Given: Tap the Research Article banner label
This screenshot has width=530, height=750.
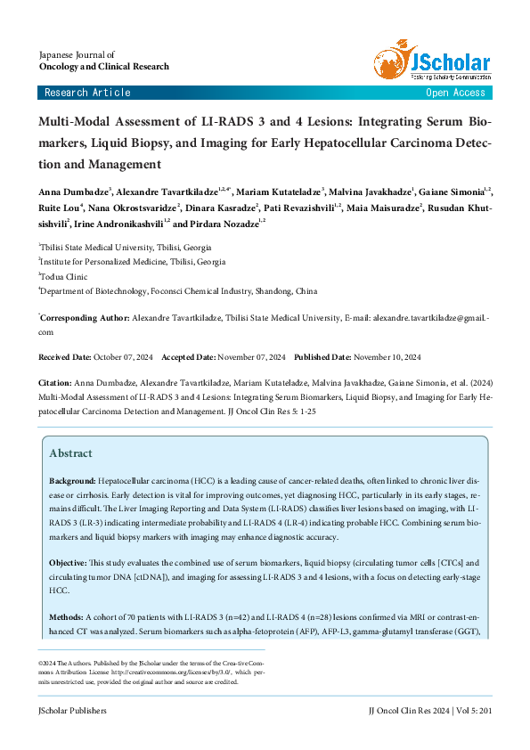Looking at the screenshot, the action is [87, 93].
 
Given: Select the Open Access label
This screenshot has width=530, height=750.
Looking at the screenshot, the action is [455, 93].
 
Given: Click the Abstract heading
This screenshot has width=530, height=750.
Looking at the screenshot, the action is [70, 452].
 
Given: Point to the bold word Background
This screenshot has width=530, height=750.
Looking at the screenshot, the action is [72, 481].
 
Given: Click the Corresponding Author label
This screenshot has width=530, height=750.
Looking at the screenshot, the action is [84, 317].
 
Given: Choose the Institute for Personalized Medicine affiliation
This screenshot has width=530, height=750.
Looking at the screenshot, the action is [133, 262].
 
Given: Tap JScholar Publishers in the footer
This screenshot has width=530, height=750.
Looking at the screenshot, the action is [72, 711].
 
